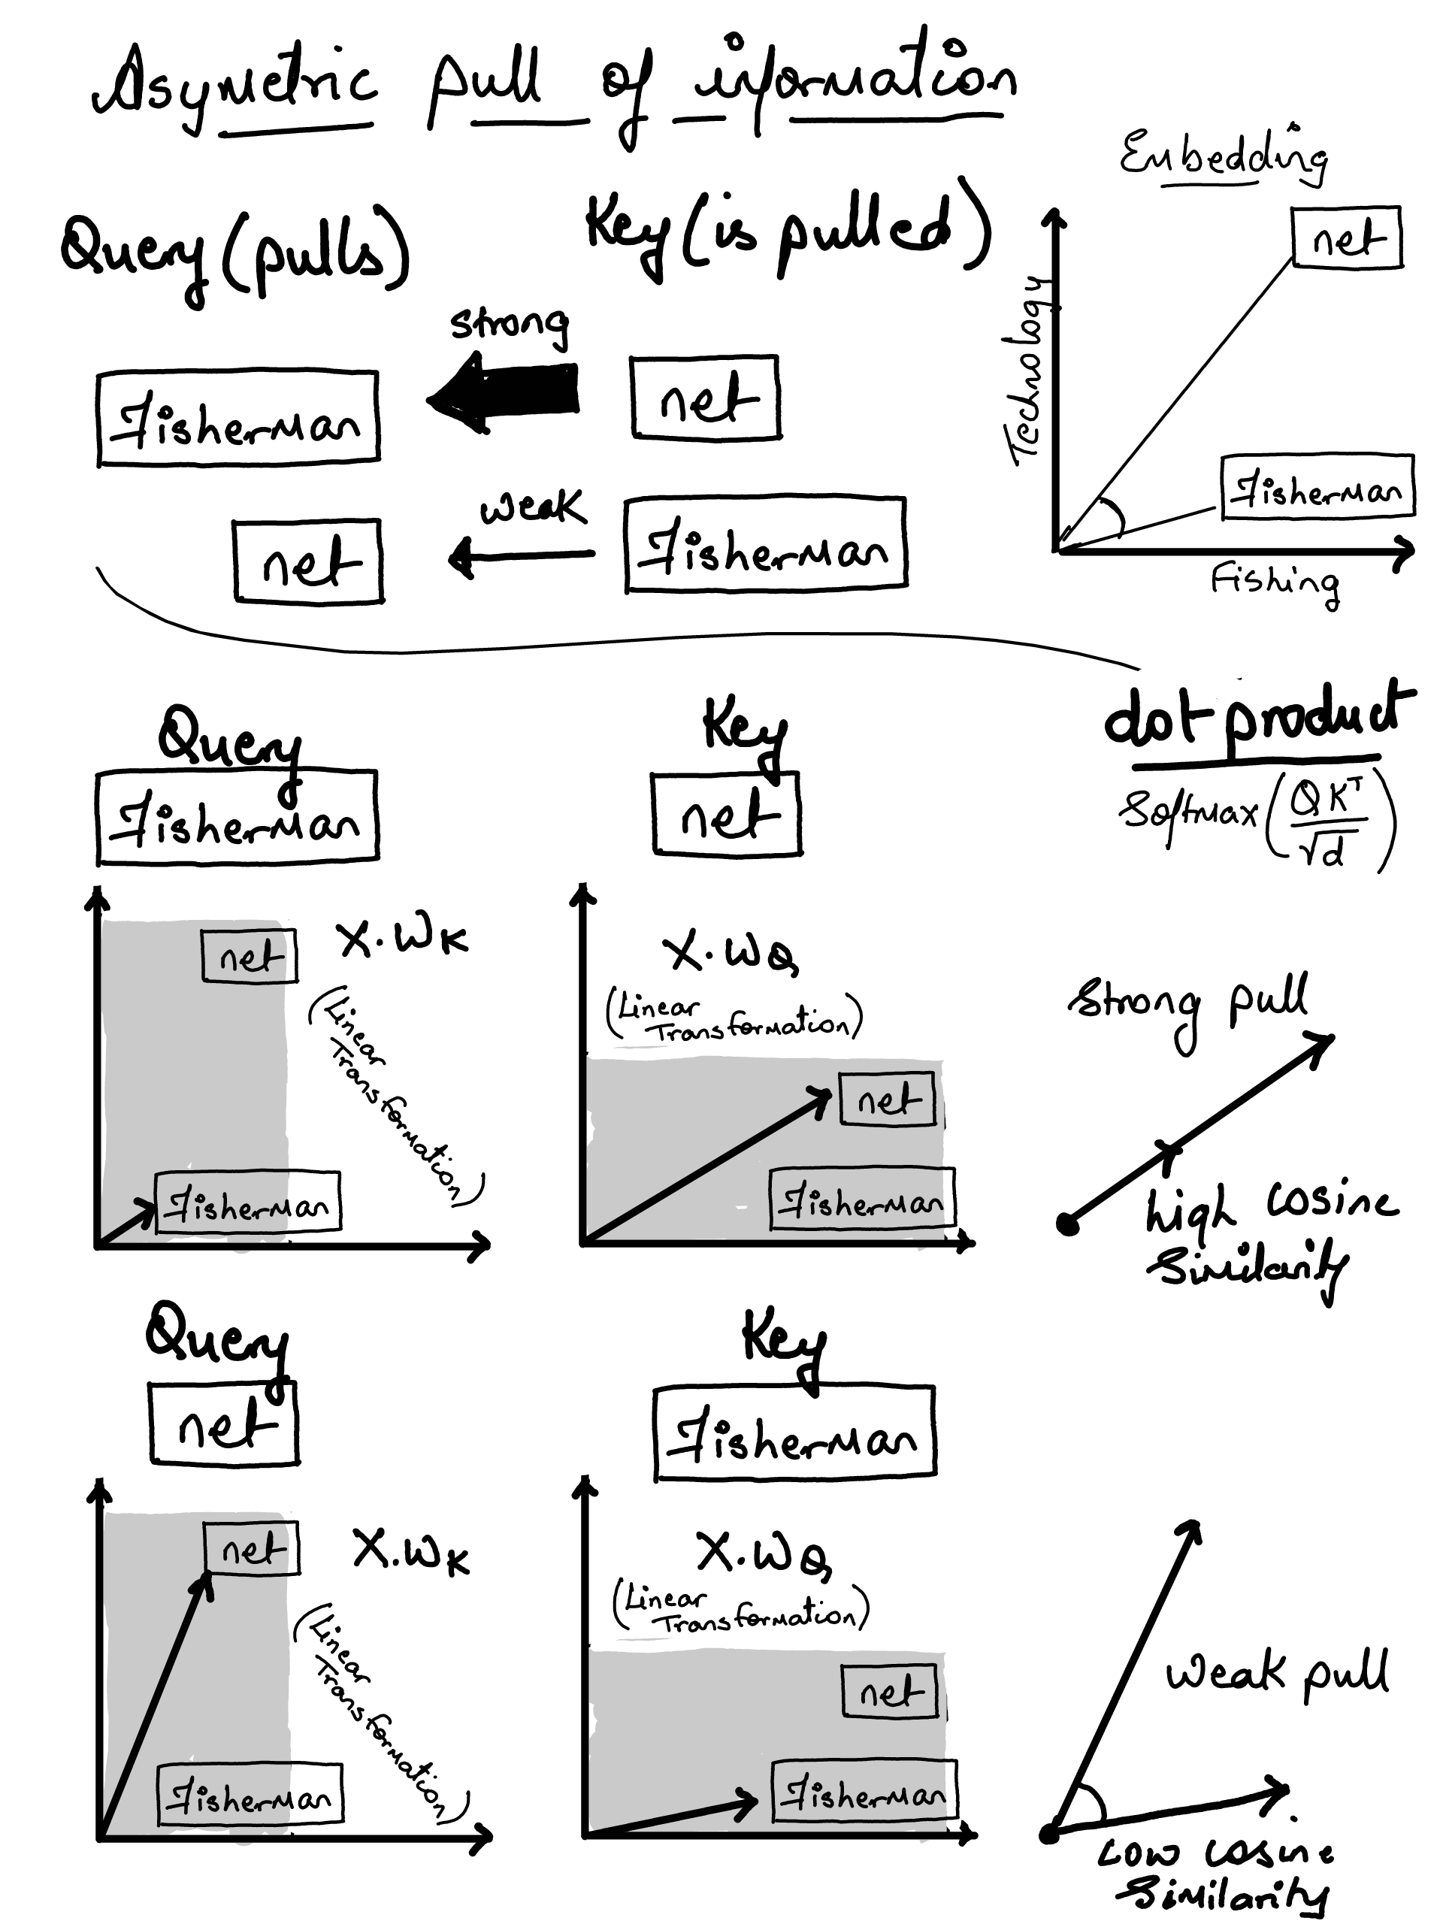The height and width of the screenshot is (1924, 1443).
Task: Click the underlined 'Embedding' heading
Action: [1223, 156]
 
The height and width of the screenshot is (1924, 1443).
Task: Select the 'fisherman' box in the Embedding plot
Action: [1317, 488]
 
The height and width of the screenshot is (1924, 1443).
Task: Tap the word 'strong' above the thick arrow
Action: [510, 325]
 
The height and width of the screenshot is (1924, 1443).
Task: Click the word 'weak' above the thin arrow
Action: [532, 508]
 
